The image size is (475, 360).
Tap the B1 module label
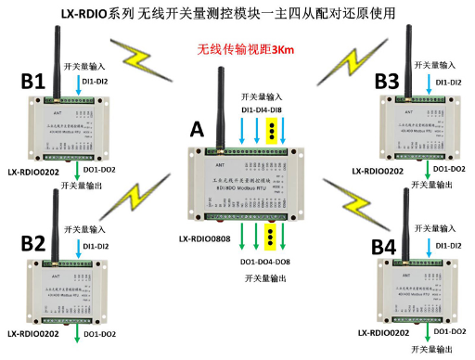(33, 83)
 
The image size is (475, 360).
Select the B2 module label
(33, 244)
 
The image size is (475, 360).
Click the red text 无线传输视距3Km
(243, 50)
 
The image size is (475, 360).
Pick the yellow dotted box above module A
(270, 132)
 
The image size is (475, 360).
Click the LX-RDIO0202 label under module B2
(36, 333)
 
